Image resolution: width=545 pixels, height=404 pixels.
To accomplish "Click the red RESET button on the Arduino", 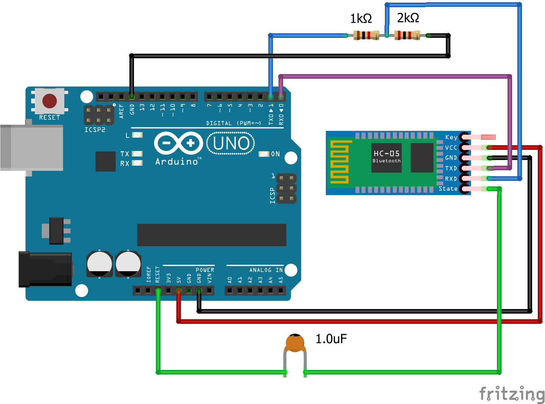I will [x=50, y=101].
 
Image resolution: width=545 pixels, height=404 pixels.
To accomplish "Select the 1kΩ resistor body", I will [x=366, y=36].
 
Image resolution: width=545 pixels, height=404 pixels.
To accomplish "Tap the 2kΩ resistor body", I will [x=407, y=36].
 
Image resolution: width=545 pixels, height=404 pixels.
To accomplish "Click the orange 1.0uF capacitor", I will [x=295, y=343].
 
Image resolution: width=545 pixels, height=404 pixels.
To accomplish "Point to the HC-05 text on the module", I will [x=386, y=154].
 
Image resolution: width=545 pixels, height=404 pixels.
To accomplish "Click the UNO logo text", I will [x=231, y=143].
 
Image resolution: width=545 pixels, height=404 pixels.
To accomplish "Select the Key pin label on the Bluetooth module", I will [x=451, y=137].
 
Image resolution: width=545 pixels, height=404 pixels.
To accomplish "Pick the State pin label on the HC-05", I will [x=448, y=188].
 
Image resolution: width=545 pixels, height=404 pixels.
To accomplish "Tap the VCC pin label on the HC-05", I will [x=451, y=148].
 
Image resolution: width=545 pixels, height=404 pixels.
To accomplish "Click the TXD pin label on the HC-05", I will [x=451, y=168].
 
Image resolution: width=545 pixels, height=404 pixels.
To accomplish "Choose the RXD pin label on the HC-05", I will [x=451, y=179].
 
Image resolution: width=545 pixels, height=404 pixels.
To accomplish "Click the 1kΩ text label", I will [x=361, y=19].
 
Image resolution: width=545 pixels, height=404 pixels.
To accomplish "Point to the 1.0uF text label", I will [x=331, y=339].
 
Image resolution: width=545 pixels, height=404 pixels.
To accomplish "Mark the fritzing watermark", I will [x=512, y=394].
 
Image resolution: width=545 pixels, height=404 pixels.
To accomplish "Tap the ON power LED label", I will [x=276, y=154].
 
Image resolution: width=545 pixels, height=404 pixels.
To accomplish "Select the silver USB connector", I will [x=32, y=148].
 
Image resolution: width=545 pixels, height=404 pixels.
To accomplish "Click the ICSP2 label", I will [x=95, y=130].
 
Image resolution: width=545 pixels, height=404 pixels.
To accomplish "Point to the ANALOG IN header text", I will [x=266, y=270].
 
